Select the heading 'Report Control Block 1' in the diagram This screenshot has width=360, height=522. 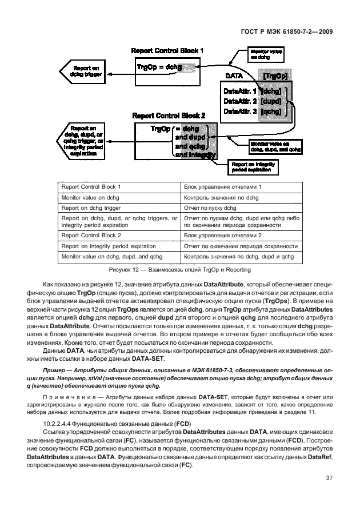[167, 51]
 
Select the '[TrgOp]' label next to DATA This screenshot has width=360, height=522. [273, 75]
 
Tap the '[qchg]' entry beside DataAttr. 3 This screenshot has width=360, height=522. [270, 111]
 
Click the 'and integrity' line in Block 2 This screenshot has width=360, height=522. [195, 155]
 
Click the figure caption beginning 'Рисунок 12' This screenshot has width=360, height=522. [180, 269]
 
